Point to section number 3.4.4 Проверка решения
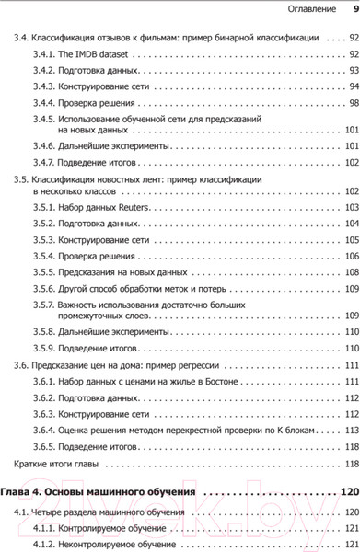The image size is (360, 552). pos(43,102)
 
